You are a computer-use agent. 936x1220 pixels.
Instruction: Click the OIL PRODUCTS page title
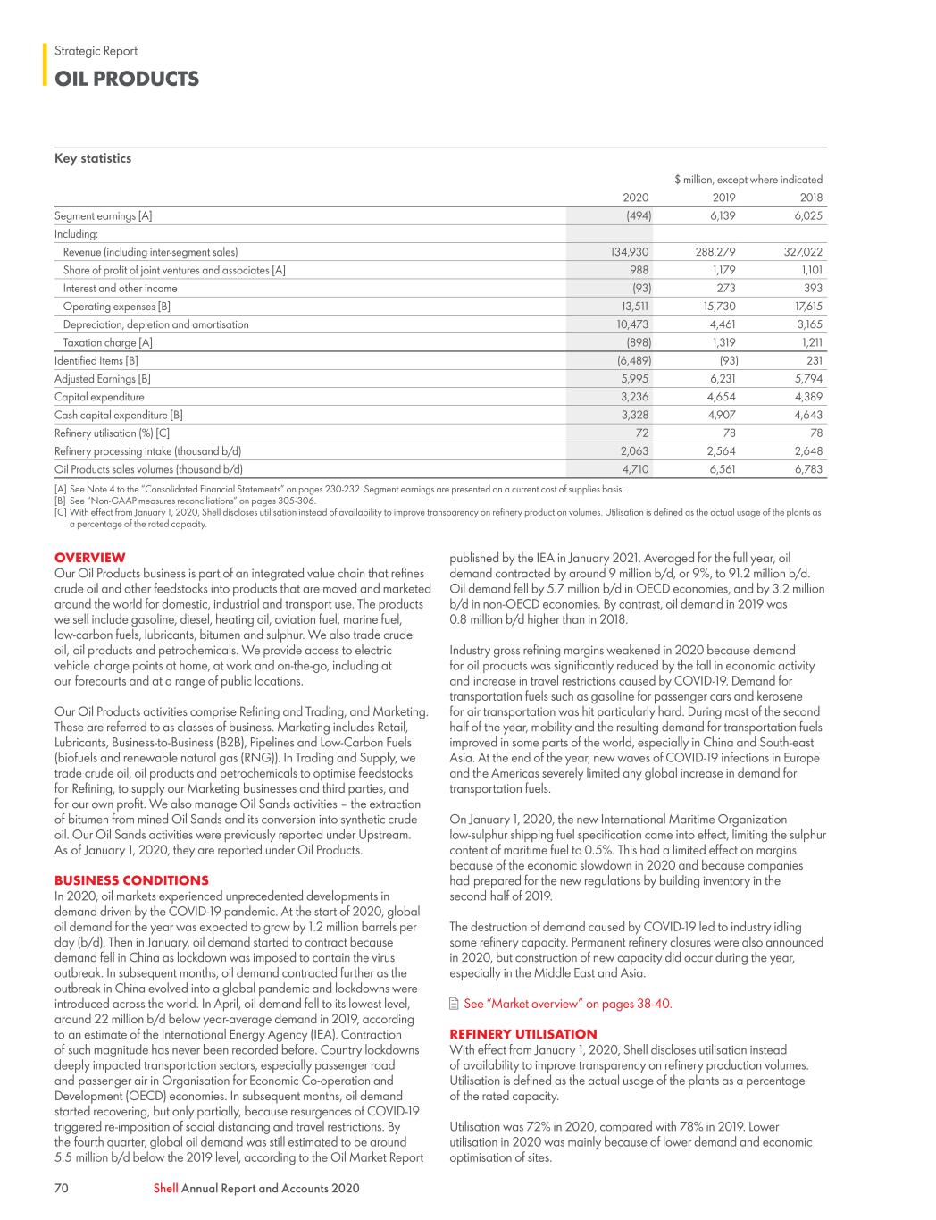pos(127,79)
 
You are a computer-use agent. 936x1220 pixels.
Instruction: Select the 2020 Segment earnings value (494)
pos(636,216)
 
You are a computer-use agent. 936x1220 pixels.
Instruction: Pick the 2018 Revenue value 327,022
pos(803,252)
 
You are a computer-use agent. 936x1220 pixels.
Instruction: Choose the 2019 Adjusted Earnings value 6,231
pos(721,379)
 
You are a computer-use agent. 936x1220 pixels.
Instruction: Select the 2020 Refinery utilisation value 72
pos(642,433)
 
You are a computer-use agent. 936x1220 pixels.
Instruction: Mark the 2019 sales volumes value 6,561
pos(721,469)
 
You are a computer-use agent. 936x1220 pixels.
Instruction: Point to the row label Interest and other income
pos(120,289)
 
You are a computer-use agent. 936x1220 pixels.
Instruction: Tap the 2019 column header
pos(723,198)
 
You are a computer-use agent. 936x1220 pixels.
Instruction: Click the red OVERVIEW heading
pos(90,558)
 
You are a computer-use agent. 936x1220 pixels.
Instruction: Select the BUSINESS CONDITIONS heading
pos(131,880)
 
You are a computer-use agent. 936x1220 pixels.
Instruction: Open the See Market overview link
pos(567,1004)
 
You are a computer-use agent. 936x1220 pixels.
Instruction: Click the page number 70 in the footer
pos(62,1188)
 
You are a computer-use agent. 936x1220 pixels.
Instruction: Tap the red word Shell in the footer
pos(165,1188)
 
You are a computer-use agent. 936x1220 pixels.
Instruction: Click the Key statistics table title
pos(93,158)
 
